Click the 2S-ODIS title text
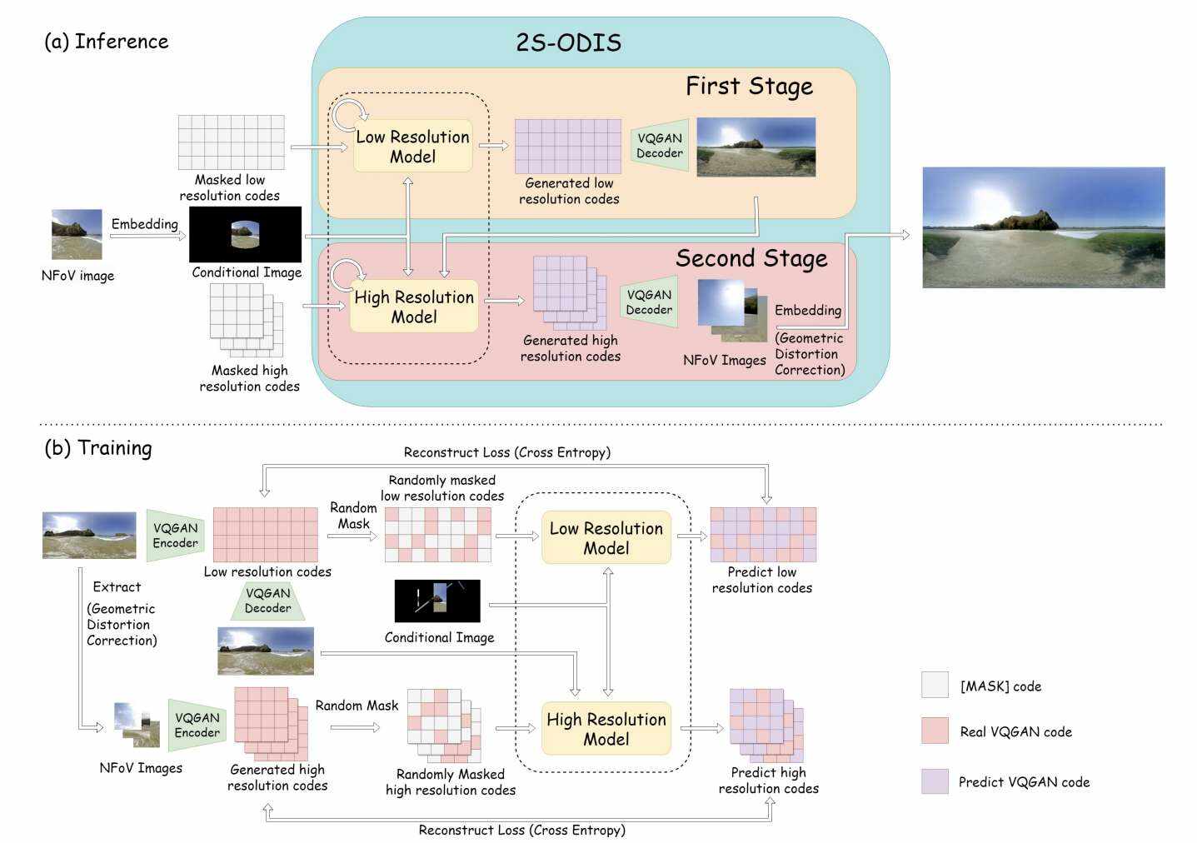tap(568, 42)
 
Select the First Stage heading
tap(749, 87)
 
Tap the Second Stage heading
tap(751, 259)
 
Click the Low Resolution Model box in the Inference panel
tap(413, 147)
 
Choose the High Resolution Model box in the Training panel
tap(606, 729)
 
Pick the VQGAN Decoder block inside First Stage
tap(660, 146)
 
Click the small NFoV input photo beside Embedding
tap(77, 234)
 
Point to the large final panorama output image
tap(1043, 227)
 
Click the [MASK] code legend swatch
tap(935, 686)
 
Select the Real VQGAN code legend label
tap(1015, 732)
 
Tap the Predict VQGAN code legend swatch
tap(935, 781)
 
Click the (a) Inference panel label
tap(106, 42)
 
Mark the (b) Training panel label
tap(98, 448)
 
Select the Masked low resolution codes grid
tap(232, 142)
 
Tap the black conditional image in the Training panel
tap(437, 601)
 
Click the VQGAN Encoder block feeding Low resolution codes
tap(175, 536)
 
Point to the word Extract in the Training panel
tap(117, 587)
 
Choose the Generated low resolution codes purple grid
tap(567, 147)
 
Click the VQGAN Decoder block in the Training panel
tap(268, 601)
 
